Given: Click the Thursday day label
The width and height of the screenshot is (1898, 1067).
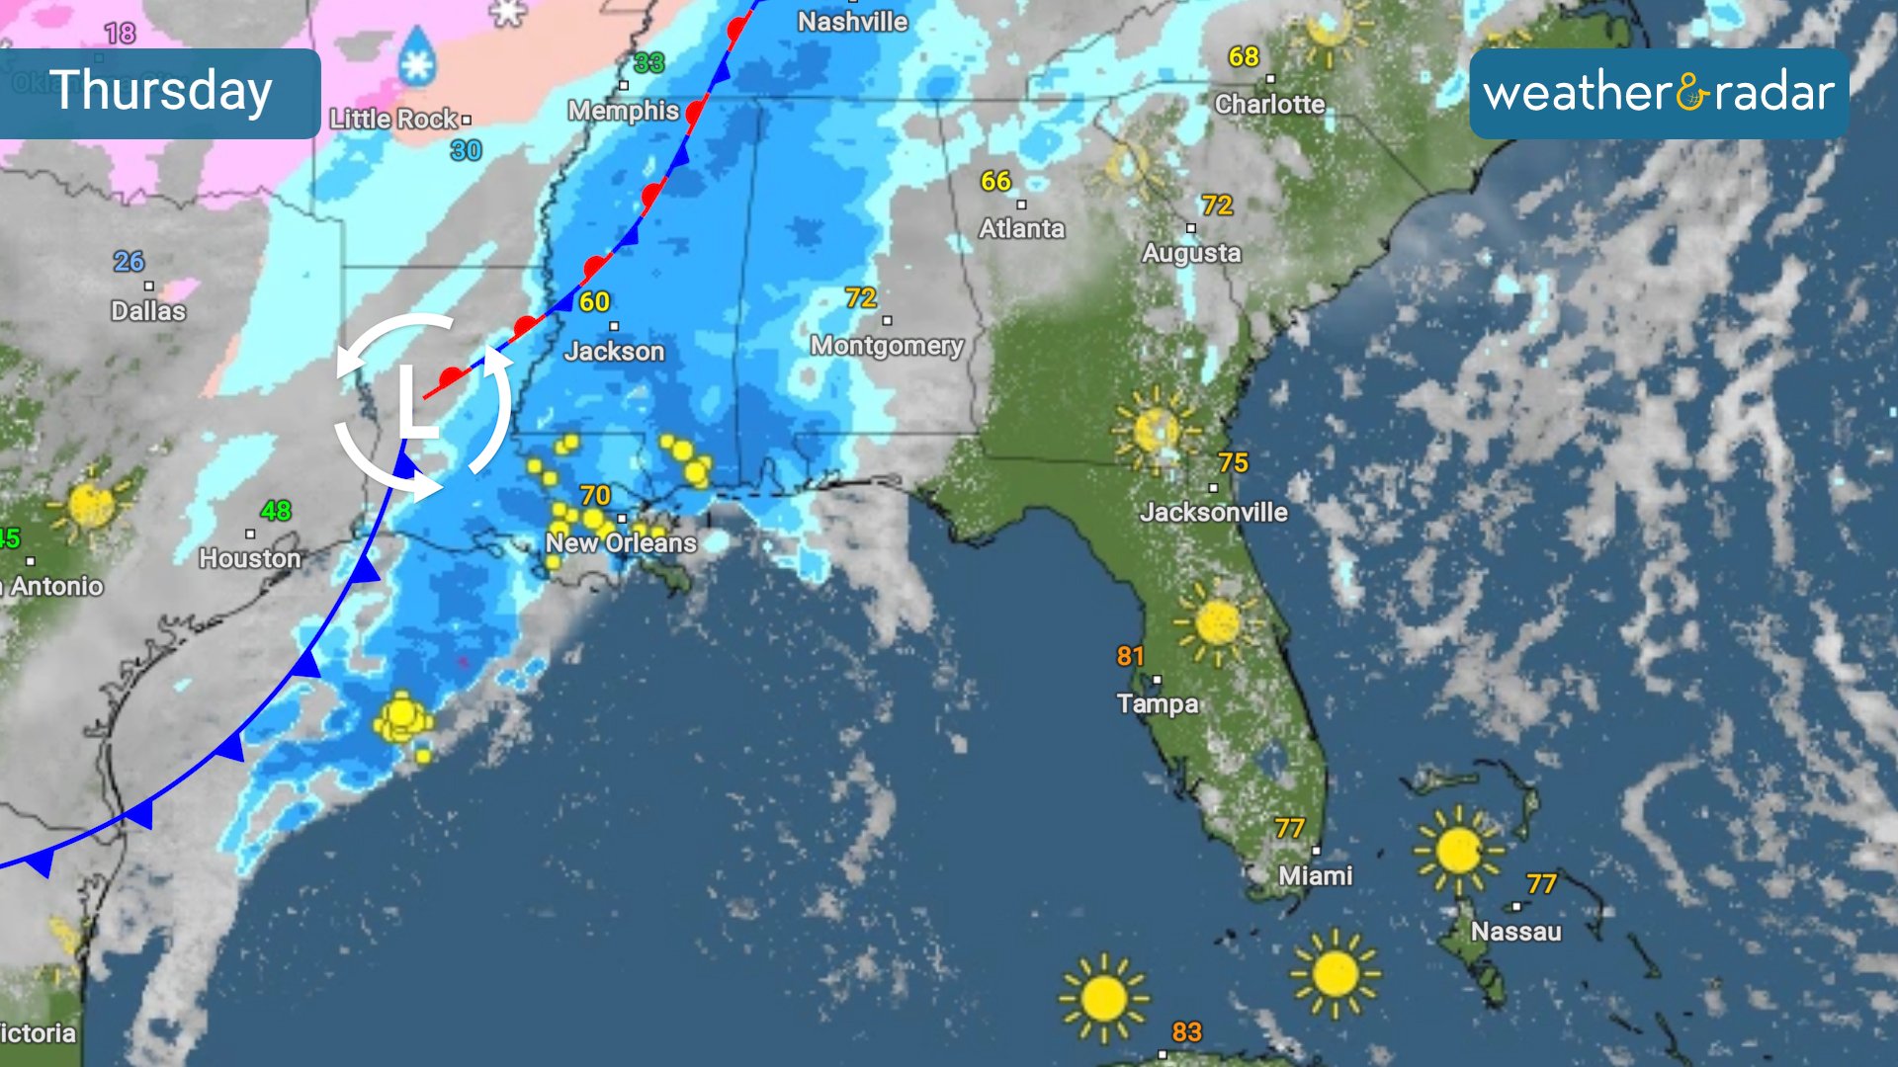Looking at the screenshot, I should pyautogui.click(x=160, y=92).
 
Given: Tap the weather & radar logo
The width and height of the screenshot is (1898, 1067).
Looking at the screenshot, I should pyautogui.click(x=1658, y=94).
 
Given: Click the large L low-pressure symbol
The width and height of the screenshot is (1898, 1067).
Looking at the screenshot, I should pyautogui.click(x=416, y=402).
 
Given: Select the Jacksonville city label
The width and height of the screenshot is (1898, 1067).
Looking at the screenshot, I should pyautogui.click(x=1213, y=512).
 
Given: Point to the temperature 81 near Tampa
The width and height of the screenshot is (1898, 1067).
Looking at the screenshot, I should pyautogui.click(x=1130, y=656).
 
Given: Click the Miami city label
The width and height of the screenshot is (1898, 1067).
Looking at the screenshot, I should pyautogui.click(x=1315, y=875).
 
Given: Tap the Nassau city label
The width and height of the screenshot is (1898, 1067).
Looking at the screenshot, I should pyautogui.click(x=1515, y=932).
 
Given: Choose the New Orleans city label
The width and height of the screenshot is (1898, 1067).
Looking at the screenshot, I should pyautogui.click(x=621, y=542).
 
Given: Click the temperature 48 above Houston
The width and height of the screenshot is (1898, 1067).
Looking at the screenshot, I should pyautogui.click(x=276, y=511).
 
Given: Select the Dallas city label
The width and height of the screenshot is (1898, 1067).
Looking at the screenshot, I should pyautogui.click(x=148, y=311).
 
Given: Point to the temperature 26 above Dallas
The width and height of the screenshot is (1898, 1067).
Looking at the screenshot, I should pyautogui.click(x=129, y=262).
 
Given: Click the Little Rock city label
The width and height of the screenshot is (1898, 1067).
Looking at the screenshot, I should pyautogui.click(x=393, y=120).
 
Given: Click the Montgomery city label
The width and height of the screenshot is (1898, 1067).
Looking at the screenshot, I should pyautogui.click(x=887, y=346).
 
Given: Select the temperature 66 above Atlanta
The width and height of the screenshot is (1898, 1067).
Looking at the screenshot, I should pyautogui.click(x=995, y=182).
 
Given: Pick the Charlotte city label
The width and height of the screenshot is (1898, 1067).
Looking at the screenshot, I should pyautogui.click(x=1269, y=105).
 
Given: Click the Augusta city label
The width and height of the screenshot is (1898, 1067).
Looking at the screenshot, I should pyautogui.click(x=1191, y=253).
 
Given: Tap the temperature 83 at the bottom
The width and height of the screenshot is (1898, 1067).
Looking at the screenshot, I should pyautogui.click(x=1186, y=1032).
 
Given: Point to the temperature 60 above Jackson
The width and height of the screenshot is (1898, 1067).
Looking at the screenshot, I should pyautogui.click(x=594, y=302).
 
